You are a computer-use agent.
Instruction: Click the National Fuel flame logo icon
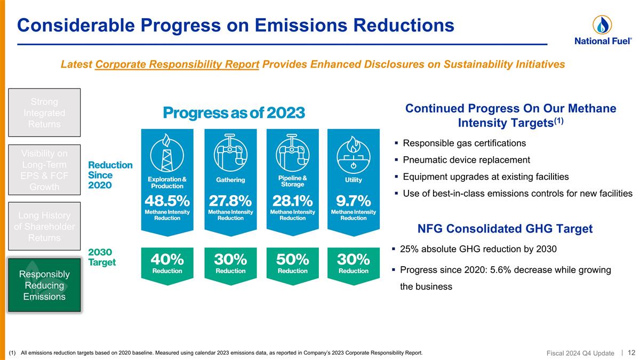602,24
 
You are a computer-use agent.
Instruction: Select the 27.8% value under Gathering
230,201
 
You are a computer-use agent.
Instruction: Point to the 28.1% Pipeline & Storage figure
292,201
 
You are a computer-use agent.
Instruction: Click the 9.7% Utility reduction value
353,201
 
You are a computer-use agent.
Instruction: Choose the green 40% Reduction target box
167,263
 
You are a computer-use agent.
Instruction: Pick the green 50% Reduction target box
292,263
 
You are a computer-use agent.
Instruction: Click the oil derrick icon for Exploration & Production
167,153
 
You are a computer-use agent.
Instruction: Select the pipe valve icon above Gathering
230,153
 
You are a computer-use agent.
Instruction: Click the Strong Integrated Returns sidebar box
44,113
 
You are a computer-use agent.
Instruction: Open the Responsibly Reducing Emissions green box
44,285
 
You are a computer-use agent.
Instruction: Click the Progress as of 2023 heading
234,113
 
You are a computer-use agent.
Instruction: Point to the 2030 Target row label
102,257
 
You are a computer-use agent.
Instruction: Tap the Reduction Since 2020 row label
110,174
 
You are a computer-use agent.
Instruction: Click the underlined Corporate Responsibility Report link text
177,65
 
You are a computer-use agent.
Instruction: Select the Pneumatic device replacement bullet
466,160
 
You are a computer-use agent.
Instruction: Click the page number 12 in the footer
631,352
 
